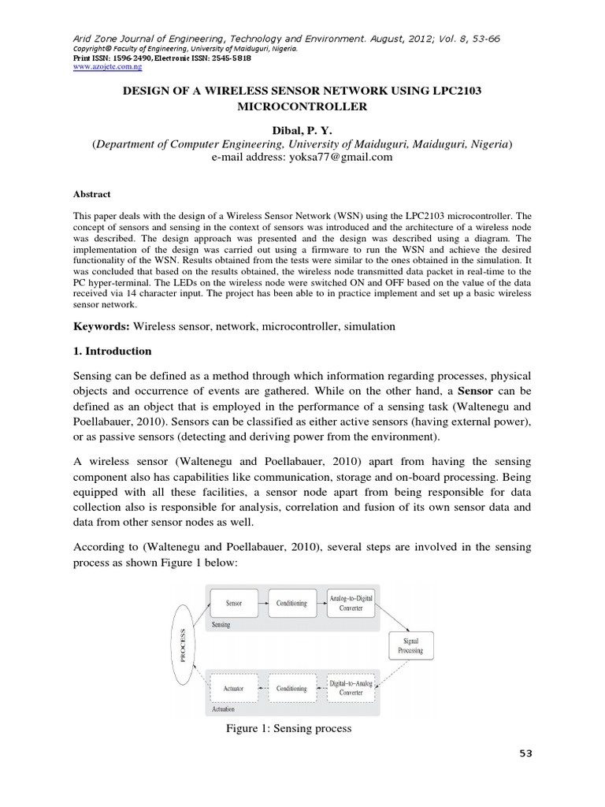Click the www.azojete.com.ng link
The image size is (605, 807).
point(92,68)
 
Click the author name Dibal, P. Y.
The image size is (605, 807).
point(302,130)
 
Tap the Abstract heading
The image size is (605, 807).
point(93,194)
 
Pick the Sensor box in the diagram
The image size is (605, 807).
point(234,603)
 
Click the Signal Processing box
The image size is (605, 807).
point(410,645)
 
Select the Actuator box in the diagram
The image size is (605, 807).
point(234,688)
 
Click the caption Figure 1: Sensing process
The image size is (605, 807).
point(288,729)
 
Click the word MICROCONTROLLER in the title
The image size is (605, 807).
point(302,106)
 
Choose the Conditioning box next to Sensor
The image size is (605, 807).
point(291,603)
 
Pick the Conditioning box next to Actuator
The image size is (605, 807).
point(291,688)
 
